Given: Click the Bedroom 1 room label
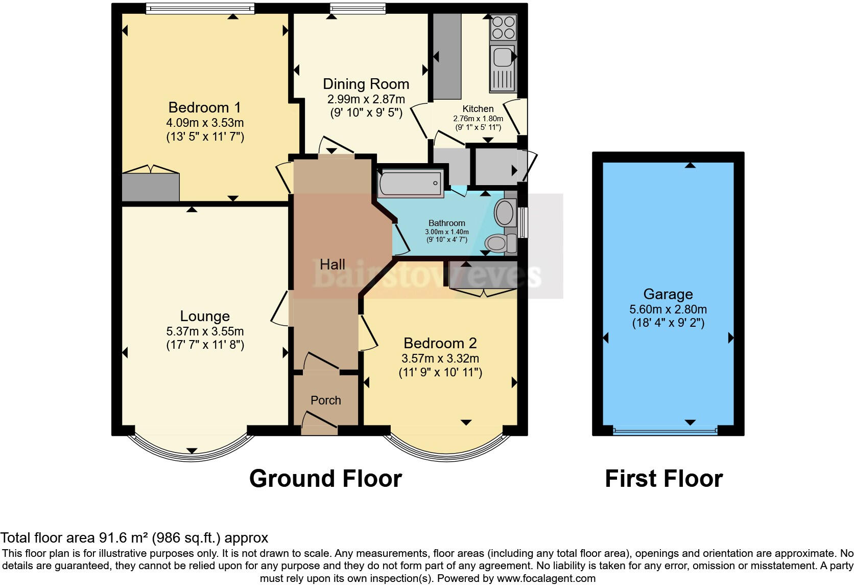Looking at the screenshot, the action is [x=204, y=107].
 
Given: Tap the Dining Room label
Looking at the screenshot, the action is [x=366, y=84].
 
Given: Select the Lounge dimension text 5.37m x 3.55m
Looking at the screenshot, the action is [x=205, y=331].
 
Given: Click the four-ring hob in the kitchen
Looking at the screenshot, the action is [x=503, y=28].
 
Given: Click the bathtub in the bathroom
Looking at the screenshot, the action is [x=410, y=184].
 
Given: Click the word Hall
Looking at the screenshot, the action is [x=333, y=264].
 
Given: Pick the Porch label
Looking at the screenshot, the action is [x=325, y=400].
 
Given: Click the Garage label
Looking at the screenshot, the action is [x=668, y=294].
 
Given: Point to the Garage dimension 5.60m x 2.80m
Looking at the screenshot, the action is [x=668, y=309].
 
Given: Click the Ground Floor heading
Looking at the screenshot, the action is [x=325, y=479].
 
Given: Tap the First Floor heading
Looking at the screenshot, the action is [x=664, y=479].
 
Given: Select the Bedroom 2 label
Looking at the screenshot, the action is [x=440, y=343].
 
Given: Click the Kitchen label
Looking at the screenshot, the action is [x=478, y=109].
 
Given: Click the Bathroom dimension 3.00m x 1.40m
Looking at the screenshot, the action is [x=447, y=232].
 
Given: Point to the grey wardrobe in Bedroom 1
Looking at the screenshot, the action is [x=151, y=187].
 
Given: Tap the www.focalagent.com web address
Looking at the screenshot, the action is [x=546, y=578].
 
